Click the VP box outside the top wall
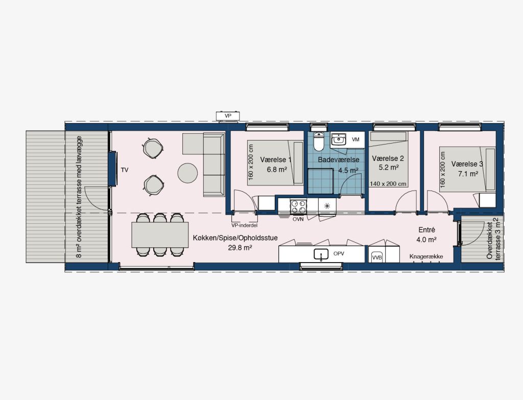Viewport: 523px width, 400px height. coord(228,116)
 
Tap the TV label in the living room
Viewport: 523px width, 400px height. coord(125,170)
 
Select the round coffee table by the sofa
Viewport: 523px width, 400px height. coord(187,173)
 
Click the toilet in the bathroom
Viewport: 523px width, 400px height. coord(319,142)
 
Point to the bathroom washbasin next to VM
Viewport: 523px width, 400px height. coord(339,140)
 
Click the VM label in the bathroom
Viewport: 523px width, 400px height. coord(355,139)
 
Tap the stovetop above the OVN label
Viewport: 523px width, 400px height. coord(298,206)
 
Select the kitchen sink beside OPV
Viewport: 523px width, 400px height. coord(321,254)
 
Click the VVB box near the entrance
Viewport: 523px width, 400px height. coord(377,257)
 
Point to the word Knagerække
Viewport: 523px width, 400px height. coord(426,256)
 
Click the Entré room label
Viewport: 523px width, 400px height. coord(426,230)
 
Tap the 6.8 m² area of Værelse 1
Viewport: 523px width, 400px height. coord(277,170)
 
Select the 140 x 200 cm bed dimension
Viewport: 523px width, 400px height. coord(388,184)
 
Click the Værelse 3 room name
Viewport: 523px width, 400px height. coord(467,164)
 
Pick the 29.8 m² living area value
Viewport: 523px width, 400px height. coord(240,248)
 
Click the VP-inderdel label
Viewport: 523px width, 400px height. coord(245,225)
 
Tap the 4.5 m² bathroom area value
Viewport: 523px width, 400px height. coord(348,171)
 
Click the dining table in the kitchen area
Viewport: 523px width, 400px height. coord(160,235)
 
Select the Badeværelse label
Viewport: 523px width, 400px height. coord(339,160)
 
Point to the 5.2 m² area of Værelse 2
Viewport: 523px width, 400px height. coord(389,167)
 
